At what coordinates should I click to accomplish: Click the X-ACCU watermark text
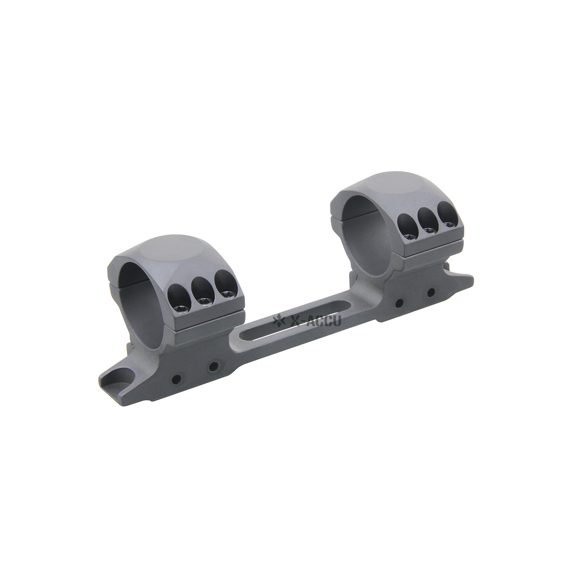(x=317, y=321)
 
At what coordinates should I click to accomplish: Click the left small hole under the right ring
(x=398, y=303)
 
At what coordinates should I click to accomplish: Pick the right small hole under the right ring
(x=430, y=291)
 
